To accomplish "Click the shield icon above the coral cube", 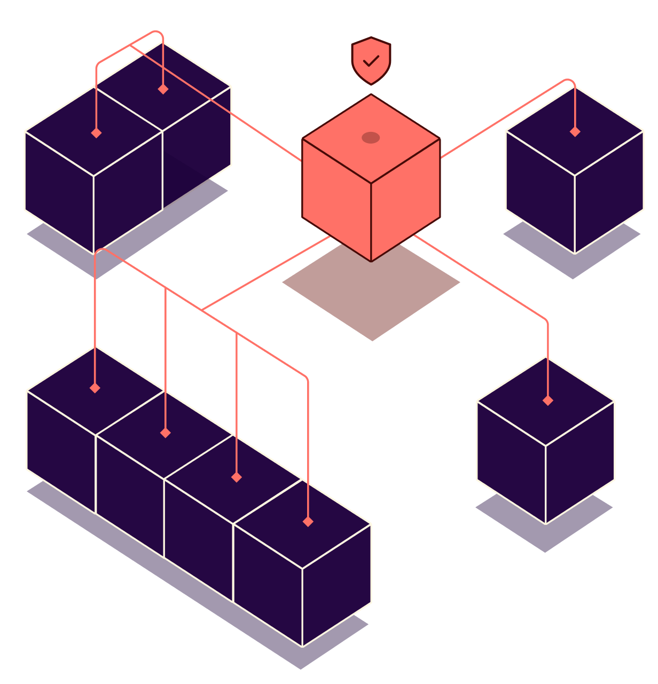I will [x=371, y=60].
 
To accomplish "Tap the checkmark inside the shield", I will [x=371, y=61].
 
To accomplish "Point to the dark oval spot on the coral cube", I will [x=371, y=138].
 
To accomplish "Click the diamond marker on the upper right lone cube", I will [x=575, y=131].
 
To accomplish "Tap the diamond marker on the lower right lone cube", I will [x=547, y=400].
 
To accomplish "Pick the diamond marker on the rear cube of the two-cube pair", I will [x=163, y=89].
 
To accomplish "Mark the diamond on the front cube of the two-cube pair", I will [x=96, y=133].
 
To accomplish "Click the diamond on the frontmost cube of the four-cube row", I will [x=308, y=522].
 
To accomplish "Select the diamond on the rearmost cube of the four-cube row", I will [x=95, y=388].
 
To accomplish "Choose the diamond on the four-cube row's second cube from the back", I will [x=166, y=433].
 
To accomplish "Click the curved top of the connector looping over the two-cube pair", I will [x=156, y=33].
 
